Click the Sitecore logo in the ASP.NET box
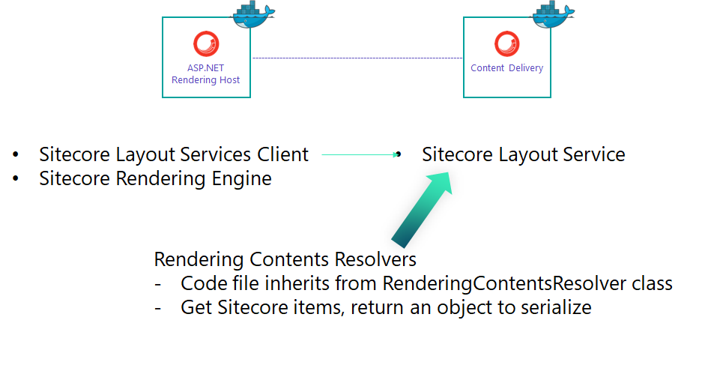[x=206, y=43]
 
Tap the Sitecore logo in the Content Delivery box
[x=506, y=43]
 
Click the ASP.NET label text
[x=206, y=68]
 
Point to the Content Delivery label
[x=506, y=68]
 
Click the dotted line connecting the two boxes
[x=357, y=58]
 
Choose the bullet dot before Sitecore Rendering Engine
[x=16, y=180]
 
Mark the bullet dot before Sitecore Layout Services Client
[x=16, y=155]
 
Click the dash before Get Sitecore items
[x=159, y=307]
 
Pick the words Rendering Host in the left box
[x=206, y=80]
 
